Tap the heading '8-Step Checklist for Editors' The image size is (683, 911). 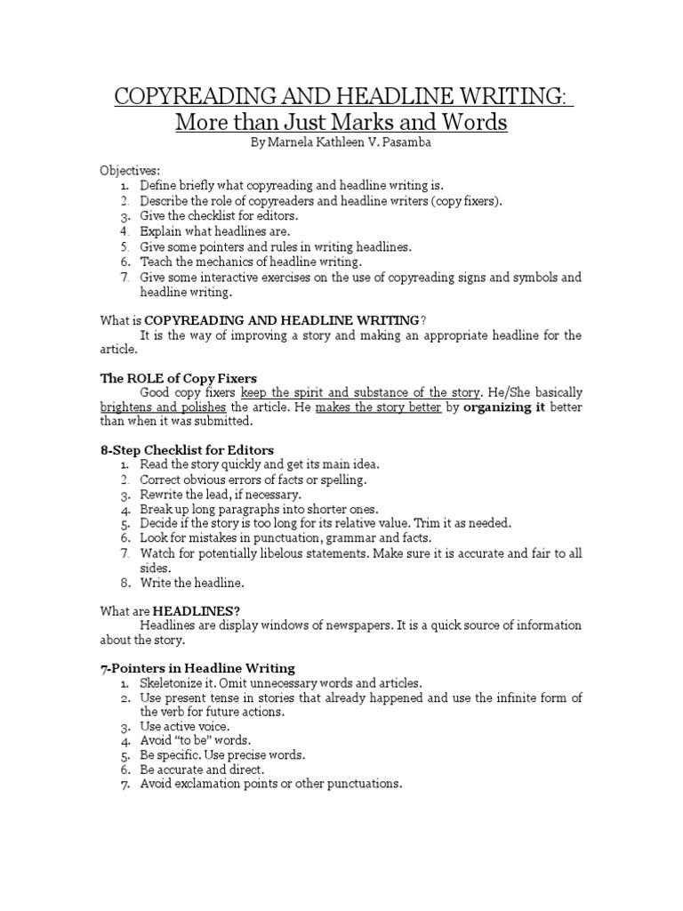coord(187,449)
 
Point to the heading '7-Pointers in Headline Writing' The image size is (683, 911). coord(197,667)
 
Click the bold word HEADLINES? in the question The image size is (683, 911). coord(196,609)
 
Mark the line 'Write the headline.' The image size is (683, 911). coord(192,582)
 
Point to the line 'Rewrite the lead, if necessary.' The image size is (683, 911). coord(221,494)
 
